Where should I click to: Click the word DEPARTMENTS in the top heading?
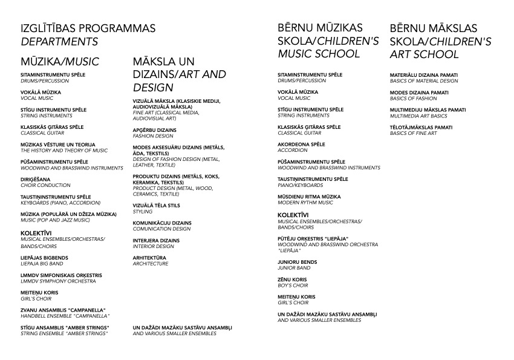(59, 42)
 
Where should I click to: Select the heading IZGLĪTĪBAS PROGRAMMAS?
(88, 28)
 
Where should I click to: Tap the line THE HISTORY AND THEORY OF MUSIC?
(64, 151)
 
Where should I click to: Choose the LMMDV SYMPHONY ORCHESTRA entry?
(58, 281)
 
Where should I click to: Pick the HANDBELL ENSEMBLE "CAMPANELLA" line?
(65, 316)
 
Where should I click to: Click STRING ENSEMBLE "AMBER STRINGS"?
(65, 333)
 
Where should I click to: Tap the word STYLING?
(143, 212)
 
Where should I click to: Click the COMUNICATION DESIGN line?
(161, 229)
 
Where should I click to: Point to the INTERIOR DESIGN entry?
(152, 246)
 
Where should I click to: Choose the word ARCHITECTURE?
(151, 264)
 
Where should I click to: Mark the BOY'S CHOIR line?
(293, 285)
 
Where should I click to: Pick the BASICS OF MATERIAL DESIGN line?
(424, 80)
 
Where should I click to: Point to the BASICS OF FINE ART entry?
(413, 133)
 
